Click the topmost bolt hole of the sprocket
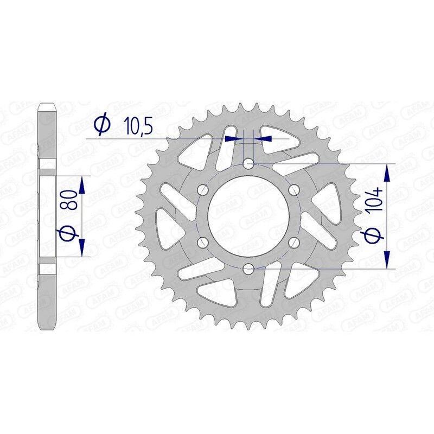click(x=248, y=163)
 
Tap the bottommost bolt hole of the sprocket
click(x=248, y=268)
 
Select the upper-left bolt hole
click(x=203, y=189)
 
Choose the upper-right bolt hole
click(x=294, y=189)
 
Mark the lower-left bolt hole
click(x=203, y=242)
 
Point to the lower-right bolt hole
click(x=294, y=242)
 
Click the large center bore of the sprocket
click(x=248, y=215)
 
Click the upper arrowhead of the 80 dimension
click(x=82, y=184)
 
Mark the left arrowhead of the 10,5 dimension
click(x=233, y=139)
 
